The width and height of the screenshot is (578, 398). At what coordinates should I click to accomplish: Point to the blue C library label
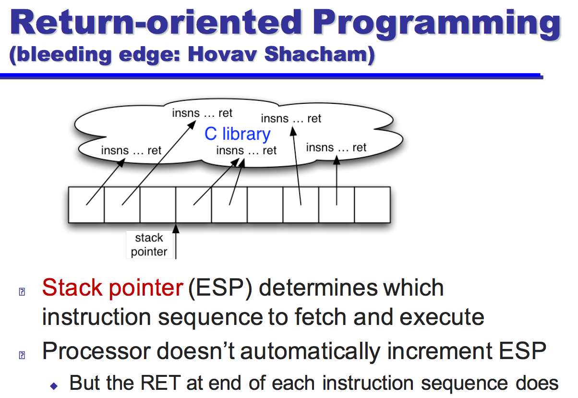tap(237, 134)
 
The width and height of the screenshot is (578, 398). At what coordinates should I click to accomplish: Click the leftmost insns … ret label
tap(131, 150)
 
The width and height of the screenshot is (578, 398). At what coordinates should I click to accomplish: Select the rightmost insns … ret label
tap(336, 148)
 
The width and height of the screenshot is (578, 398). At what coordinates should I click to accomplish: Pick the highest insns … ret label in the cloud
tap(202, 113)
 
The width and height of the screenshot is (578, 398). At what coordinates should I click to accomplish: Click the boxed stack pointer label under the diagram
tap(149, 245)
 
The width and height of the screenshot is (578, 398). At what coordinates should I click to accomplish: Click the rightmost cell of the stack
tap(372, 205)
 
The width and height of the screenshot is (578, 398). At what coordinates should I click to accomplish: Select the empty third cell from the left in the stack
tap(158, 205)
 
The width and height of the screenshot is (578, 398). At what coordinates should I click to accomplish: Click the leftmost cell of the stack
tap(86, 205)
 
